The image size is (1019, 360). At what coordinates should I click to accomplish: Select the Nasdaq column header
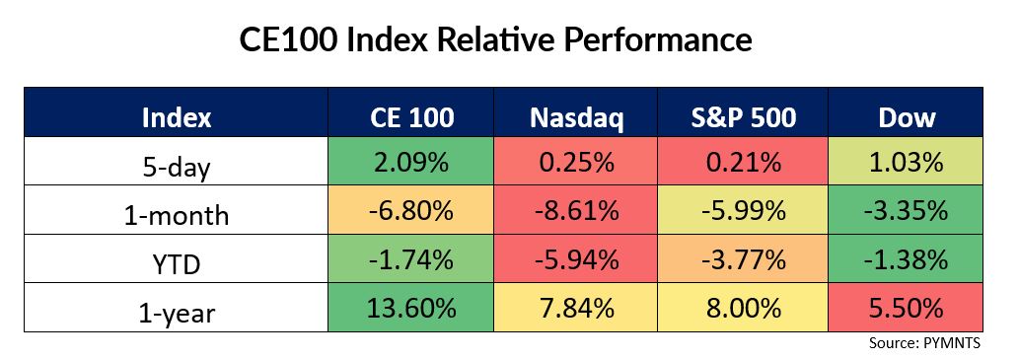tap(576, 117)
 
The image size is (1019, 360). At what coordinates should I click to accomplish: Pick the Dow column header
tap(907, 117)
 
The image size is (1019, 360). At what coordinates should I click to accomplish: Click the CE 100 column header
tap(410, 117)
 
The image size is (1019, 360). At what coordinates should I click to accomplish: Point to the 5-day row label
tap(177, 167)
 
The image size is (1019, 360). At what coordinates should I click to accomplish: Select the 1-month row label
tap(177, 215)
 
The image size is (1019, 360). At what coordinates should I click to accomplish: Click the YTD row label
tap(177, 263)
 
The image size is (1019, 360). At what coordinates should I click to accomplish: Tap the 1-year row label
tap(177, 314)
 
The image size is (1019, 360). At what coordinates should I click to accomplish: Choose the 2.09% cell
tap(410, 161)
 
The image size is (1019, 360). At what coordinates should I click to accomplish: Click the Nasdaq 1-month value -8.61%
tap(575, 210)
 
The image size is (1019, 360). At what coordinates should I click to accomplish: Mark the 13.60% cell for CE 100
tap(410, 308)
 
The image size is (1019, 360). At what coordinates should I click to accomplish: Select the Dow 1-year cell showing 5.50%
tap(906, 308)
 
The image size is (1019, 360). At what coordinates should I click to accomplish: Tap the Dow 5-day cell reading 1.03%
tap(906, 161)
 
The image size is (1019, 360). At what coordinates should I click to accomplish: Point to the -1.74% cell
tap(410, 258)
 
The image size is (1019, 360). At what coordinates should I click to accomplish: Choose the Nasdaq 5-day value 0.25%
tap(575, 161)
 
